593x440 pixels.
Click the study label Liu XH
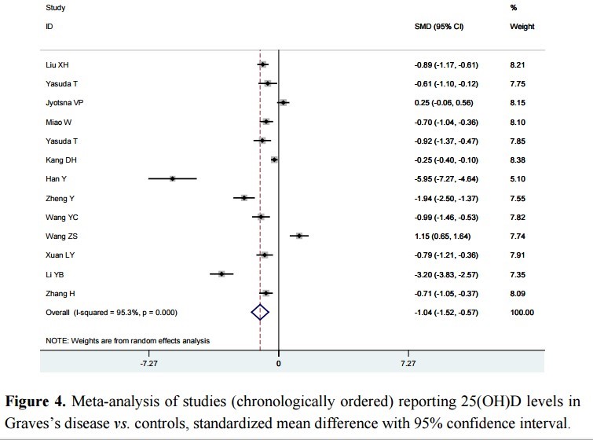57,64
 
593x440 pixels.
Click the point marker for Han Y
172,179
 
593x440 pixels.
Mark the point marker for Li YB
221,274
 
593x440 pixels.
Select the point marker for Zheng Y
244,198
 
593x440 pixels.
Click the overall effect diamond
260,313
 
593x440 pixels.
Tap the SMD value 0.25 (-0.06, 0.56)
446,103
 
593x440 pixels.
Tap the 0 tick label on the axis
279,364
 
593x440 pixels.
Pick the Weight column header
522,26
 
